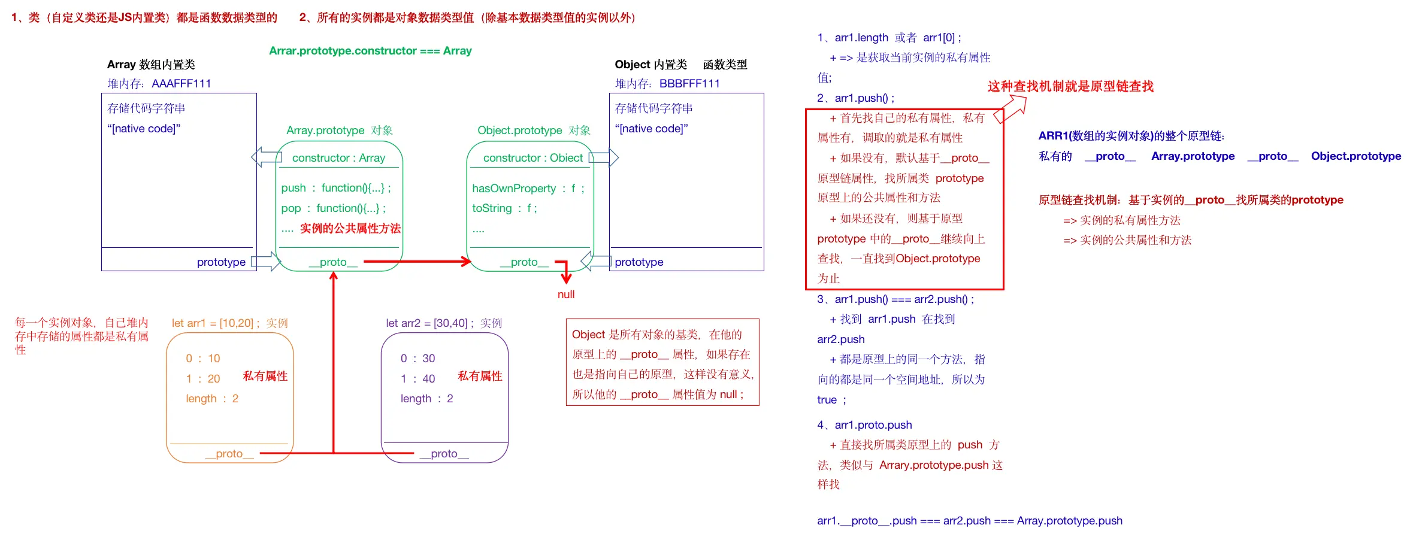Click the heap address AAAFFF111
click(x=181, y=84)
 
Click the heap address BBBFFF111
click(x=689, y=84)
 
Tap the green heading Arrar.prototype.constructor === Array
click(x=370, y=51)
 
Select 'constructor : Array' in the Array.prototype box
click(x=338, y=158)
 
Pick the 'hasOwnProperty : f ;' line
click(x=528, y=189)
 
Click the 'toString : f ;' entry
click(x=504, y=208)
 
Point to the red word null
click(x=566, y=295)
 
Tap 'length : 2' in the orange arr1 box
click(x=212, y=399)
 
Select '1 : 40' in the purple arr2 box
click(x=418, y=379)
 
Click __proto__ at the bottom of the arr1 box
click(x=229, y=454)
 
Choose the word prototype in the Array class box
click(x=221, y=262)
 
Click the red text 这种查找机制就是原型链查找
click(x=1070, y=87)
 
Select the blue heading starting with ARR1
click(x=1131, y=136)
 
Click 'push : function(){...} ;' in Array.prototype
click(x=336, y=188)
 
